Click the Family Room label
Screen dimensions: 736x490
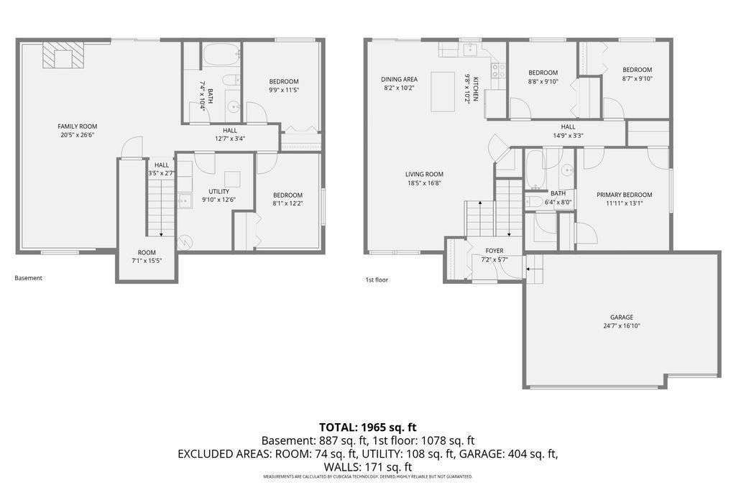(78, 131)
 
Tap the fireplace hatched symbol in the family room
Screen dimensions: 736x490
(63, 55)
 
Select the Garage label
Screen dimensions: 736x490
(622, 321)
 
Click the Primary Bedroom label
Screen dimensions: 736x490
(624, 199)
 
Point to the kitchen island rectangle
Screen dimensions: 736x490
(443, 91)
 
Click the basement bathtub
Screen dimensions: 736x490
(221, 55)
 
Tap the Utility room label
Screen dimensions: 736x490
(218, 195)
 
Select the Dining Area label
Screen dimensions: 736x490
(399, 83)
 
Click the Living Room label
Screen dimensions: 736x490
(424, 178)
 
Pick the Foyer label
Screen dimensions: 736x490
(494, 255)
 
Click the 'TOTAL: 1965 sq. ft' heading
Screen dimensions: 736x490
(367, 427)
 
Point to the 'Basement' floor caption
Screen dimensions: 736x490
(28, 278)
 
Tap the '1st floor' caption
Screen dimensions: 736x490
(377, 279)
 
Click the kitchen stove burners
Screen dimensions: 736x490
(498, 70)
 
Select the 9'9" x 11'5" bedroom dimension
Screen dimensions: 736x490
(284, 90)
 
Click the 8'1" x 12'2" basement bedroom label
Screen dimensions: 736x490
(287, 200)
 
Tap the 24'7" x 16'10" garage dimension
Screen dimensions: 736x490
(622, 325)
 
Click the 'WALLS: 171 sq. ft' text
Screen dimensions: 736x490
(367, 467)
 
